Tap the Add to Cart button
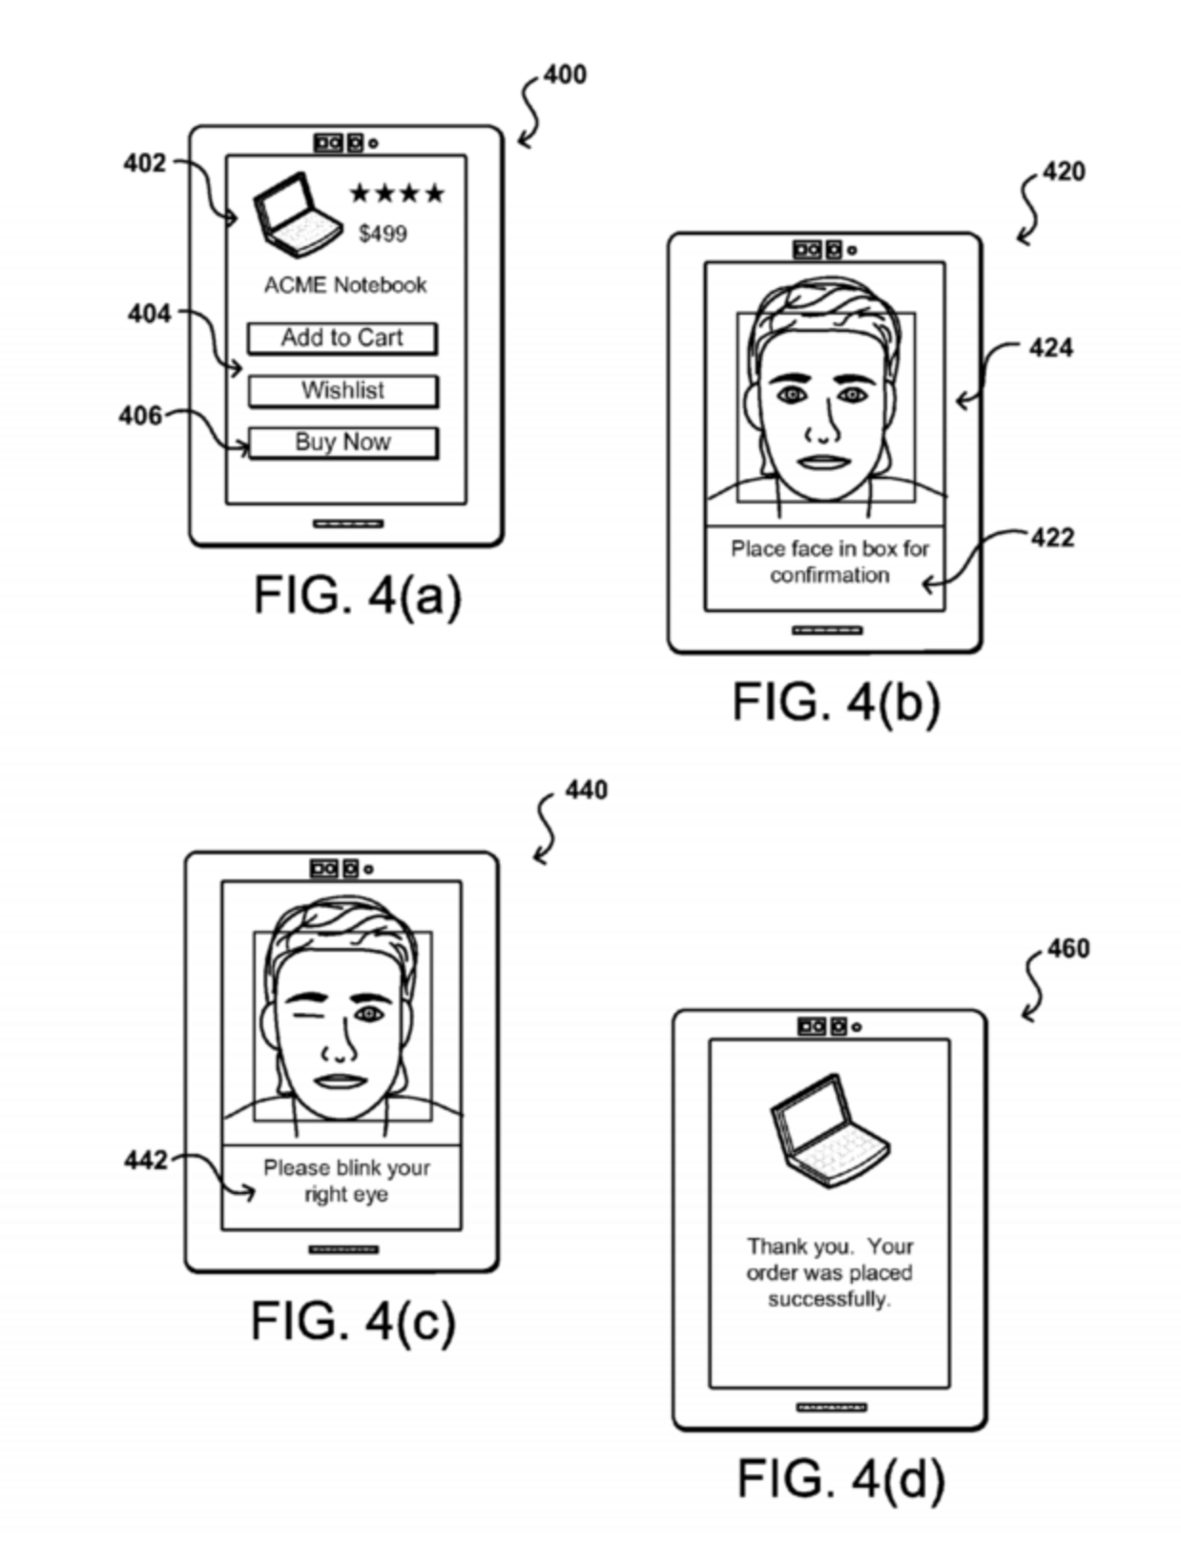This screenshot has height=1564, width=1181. [x=342, y=338]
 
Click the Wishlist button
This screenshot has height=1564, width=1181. [x=342, y=390]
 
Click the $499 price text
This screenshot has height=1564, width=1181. [x=383, y=234]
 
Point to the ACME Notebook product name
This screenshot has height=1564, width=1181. [x=345, y=285]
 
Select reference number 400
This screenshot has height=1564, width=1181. [x=565, y=74]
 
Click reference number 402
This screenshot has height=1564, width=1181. [x=145, y=163]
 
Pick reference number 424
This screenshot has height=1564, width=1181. [x=1050, y=348]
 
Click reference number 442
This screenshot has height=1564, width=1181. [x=145, y=1160]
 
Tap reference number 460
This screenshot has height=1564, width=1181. [x=1067, y=949]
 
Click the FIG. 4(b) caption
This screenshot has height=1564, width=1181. [x=836, y=703]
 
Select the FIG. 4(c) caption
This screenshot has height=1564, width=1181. [x=353, y=1321]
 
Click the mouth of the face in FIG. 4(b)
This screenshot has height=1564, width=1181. [x=823, y=462]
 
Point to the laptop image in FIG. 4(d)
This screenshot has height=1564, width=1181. [x=828, y=1126]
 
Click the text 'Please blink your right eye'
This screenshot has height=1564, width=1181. [x=346, y=1181]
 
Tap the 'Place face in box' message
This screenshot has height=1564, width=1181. [x=829, y=562]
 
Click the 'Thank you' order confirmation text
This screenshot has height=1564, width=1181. [x=829, y=1272]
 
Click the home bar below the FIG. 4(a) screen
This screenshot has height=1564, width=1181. [x=348, y=524]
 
